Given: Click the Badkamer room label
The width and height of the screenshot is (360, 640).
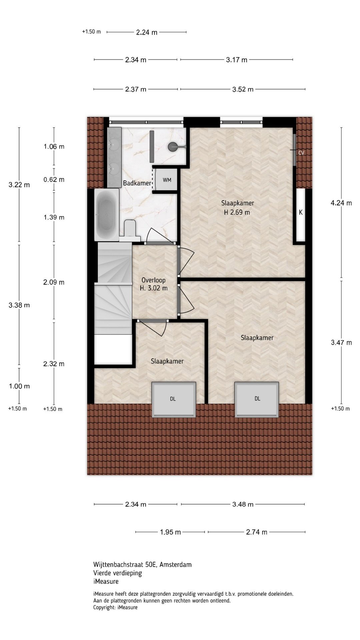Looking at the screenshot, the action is click(x=137, y=183).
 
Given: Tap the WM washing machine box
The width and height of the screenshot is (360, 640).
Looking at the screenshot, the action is click(x=167, y=180).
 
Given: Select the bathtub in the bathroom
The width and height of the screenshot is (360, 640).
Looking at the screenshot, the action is click(x=107, y=215).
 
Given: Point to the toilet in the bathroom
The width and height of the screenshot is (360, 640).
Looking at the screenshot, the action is click(x=130, y=230).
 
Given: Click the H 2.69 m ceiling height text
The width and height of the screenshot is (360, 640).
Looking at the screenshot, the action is click(x=237, y=212).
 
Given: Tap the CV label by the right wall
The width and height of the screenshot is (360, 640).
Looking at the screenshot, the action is click(x=301, y=153).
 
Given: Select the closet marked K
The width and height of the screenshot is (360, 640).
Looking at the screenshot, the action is click(x=301, y=215).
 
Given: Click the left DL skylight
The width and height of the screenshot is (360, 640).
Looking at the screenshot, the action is click(x=173, y=399).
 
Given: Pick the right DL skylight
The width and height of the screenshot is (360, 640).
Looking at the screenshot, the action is click(x=257, y=399).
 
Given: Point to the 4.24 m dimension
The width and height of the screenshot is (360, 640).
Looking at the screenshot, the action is click(x=341, y=203).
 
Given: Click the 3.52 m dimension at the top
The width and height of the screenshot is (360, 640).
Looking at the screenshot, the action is click(x=243, y=89).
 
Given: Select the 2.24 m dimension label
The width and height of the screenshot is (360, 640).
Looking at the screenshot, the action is click(x=147, y=32).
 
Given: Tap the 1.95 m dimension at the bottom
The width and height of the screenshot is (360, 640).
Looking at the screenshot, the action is click(x=170, y=532).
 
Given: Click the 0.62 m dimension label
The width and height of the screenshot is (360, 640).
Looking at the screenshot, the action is click(x=54, y=180).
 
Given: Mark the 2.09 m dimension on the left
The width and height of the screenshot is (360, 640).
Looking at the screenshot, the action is click(x=54, y=282).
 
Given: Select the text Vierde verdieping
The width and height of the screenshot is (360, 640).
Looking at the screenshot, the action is click(x=118, y=573).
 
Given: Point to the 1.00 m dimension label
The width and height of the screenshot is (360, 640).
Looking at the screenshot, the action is click(x=19, y=386).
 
